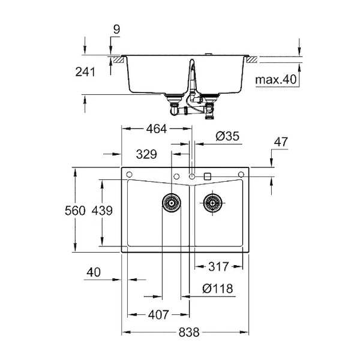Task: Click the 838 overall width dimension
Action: (x=189, y=332)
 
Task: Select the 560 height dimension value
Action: (x=75, y=211)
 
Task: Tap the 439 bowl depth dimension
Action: (x=102, y=211)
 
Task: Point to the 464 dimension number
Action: (x=157, y=129)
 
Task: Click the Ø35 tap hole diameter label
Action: (x=227, y=136)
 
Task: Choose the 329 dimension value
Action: (x=146, y=154)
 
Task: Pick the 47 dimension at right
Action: (x=281, y=142)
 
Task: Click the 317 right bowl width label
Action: (x=218, y=266)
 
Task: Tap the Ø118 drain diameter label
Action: (x=218, y=289)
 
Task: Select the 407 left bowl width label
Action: (x=158, y=314)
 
